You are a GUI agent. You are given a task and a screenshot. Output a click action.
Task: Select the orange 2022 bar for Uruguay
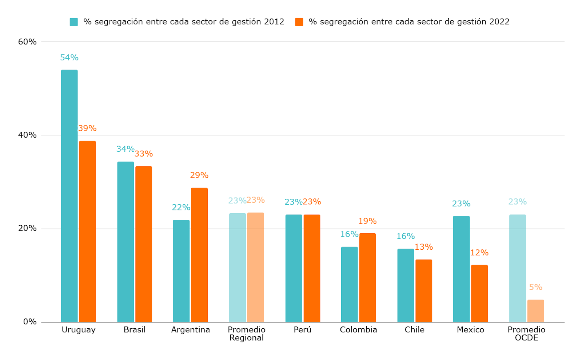pos(87,231)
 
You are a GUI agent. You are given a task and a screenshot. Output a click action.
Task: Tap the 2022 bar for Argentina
pos(199,255)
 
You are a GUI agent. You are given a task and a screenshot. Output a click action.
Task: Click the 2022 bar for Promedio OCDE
pos(535,311)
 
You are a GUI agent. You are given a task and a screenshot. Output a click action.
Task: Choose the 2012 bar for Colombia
pos(349,284)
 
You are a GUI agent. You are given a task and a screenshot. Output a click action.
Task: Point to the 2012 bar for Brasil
pos(125,242)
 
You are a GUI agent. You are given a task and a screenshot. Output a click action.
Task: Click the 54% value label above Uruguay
pos(69,58)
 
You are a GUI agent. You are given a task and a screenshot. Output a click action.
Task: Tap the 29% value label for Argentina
pos(199,175)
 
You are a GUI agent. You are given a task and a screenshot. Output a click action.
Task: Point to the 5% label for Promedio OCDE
pos(535,287)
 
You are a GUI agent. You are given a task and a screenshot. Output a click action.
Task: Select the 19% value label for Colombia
pos(367,221)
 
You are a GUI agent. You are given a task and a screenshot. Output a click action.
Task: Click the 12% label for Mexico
pos(479,253)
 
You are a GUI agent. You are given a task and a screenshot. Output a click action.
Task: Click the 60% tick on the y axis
pos(27,42)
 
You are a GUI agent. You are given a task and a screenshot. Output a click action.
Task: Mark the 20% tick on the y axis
pos(27,229)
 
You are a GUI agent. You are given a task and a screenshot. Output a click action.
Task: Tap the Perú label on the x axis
pos(303,330)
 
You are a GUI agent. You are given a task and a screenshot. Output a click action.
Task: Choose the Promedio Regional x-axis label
pos(247,333)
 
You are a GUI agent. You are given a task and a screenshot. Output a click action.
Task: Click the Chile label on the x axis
pos(415,330)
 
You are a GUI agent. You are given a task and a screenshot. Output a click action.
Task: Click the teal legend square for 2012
pos(74,22)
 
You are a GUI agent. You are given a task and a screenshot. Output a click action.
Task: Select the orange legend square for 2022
pos(299,22)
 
